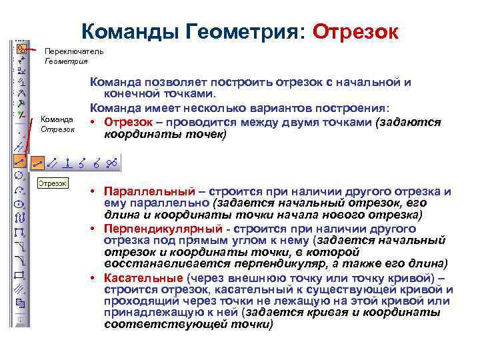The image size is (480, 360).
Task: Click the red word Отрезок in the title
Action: point(355,31)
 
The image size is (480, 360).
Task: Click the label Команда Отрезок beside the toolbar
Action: point(57,124)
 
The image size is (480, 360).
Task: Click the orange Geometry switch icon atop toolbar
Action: point(21,49)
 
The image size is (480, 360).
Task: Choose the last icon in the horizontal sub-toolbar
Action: point(111,161)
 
